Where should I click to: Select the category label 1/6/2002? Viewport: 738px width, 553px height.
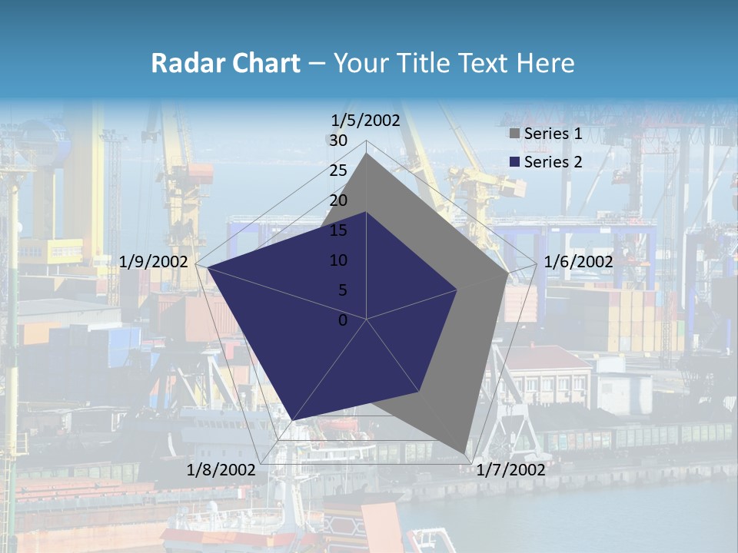(578, 262)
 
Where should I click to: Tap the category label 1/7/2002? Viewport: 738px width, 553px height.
(510, 469)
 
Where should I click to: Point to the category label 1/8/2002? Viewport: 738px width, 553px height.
(221, 469)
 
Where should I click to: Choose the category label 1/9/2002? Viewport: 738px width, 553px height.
(154, 262)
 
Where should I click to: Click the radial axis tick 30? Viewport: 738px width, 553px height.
(338, 141)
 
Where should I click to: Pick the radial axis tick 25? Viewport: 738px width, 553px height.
(338, 171)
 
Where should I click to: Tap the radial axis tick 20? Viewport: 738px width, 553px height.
(338, 200)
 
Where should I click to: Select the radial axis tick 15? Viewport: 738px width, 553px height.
(338, 230)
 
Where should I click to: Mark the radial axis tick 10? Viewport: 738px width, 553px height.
(338, 260)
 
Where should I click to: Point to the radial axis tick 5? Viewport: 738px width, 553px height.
(343, 290)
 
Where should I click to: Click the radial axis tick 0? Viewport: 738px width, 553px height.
(343, 320)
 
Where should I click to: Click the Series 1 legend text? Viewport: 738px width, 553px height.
(553, 134)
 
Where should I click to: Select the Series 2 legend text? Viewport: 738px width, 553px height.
(553, 162)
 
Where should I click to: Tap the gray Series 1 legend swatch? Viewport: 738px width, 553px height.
(514, 134)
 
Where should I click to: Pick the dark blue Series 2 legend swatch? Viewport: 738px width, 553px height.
(514, 162)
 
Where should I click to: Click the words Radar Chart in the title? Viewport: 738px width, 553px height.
(225, 63)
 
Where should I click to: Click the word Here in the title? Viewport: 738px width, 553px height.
(546, 63)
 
